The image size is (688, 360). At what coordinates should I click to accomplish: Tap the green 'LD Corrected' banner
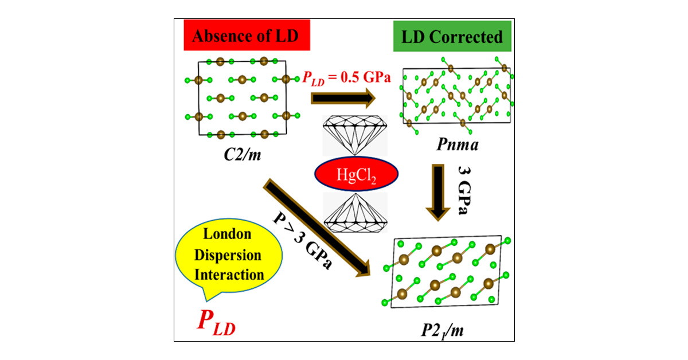464,38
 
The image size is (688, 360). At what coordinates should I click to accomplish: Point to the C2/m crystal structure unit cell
242,98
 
